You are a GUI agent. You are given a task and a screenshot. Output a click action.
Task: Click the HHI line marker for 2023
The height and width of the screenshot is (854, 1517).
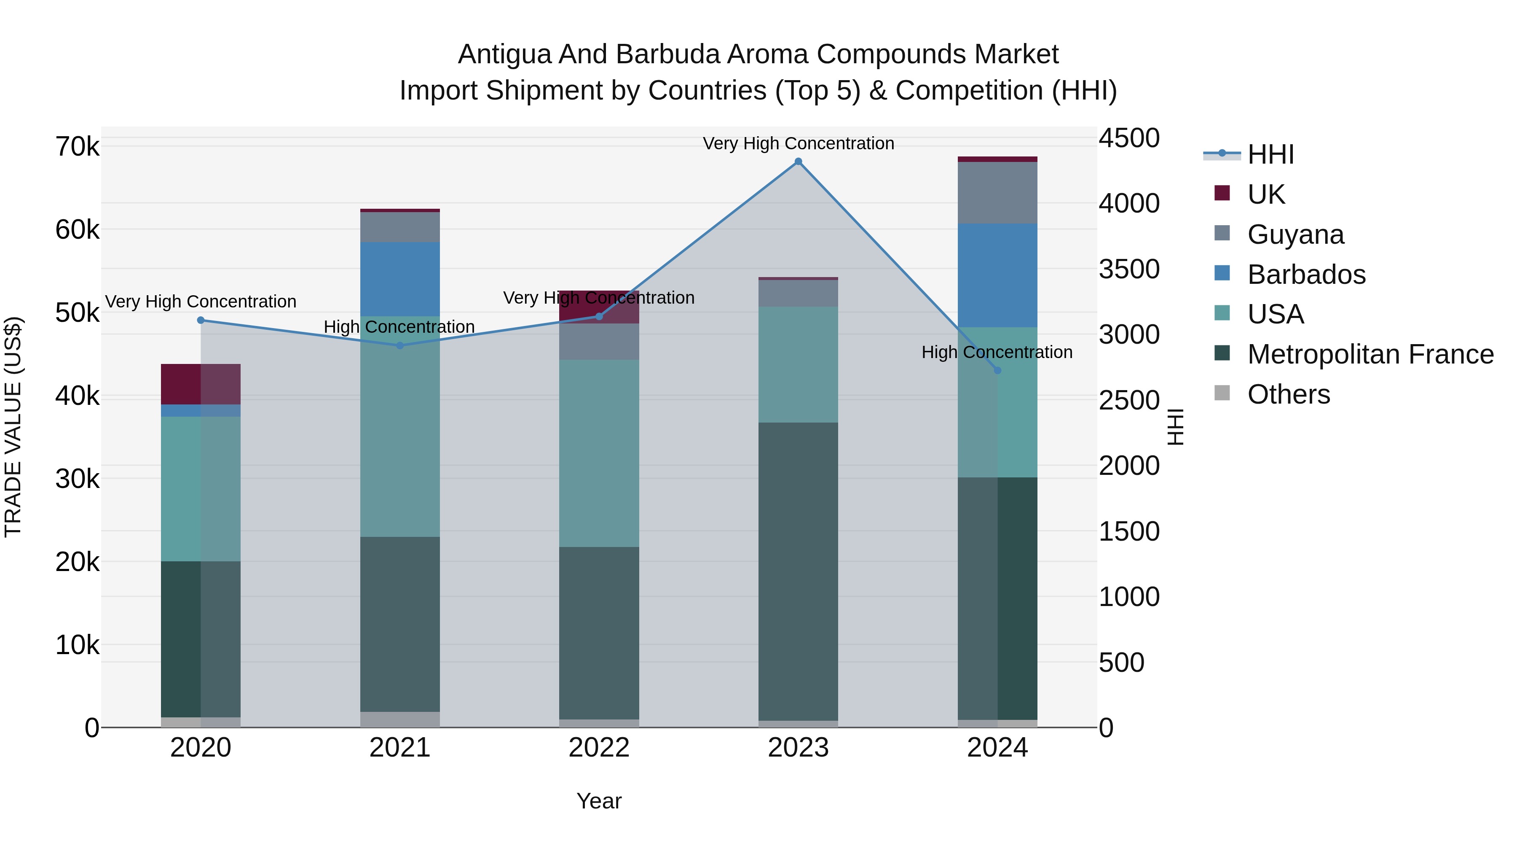click(x=798, y=162)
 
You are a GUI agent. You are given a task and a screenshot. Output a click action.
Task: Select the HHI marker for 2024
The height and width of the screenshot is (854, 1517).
click(x=997, y=370)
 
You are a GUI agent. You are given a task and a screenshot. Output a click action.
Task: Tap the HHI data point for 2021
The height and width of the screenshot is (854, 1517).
click(x=400, y=345)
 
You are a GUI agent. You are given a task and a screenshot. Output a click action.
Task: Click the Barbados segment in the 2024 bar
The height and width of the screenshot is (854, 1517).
click(x=997, y=275)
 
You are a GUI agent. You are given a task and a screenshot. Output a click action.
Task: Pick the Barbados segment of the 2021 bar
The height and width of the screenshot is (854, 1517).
click(x=400, y=279)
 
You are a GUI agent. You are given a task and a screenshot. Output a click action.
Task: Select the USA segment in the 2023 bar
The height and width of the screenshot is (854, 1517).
click(x=798, y=364)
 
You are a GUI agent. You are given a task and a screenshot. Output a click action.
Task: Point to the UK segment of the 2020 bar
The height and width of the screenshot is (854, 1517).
click(x=200, y=384)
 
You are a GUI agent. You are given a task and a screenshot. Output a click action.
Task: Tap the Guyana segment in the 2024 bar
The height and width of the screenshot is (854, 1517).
click(x=997, y=193)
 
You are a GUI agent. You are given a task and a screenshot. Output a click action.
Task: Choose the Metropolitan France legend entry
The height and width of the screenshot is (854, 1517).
click(x=1370, y=354)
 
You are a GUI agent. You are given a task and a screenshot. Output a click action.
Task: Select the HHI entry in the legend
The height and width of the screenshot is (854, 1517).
click(x=1270, y=154)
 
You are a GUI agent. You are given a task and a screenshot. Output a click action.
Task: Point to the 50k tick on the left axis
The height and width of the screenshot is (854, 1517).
click(x=77, y=313)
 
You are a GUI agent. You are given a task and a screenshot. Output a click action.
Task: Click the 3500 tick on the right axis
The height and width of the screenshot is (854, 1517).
click(x=1128, y=269)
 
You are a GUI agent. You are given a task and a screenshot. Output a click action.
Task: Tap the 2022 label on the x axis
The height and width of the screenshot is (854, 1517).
click(x=599, y=748)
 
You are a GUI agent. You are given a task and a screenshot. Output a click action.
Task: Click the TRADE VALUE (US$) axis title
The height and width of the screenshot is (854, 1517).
click(x=13, y=427)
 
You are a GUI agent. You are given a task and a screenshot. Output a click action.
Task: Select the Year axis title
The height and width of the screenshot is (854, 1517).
click(x=599, y=801)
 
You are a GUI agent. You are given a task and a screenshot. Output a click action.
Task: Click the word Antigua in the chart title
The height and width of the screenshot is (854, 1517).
click(x=504, y=54)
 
